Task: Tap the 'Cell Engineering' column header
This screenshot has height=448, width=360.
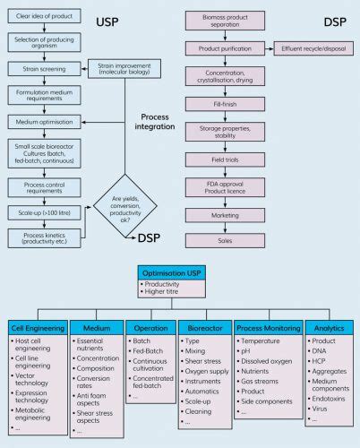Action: click(35, 327)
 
